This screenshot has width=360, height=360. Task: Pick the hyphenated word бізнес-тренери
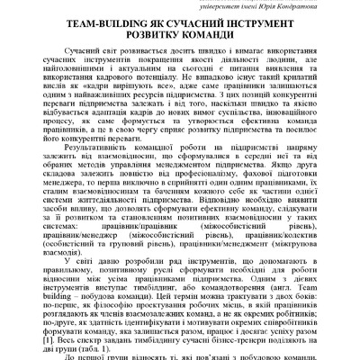tap(234, 344)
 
